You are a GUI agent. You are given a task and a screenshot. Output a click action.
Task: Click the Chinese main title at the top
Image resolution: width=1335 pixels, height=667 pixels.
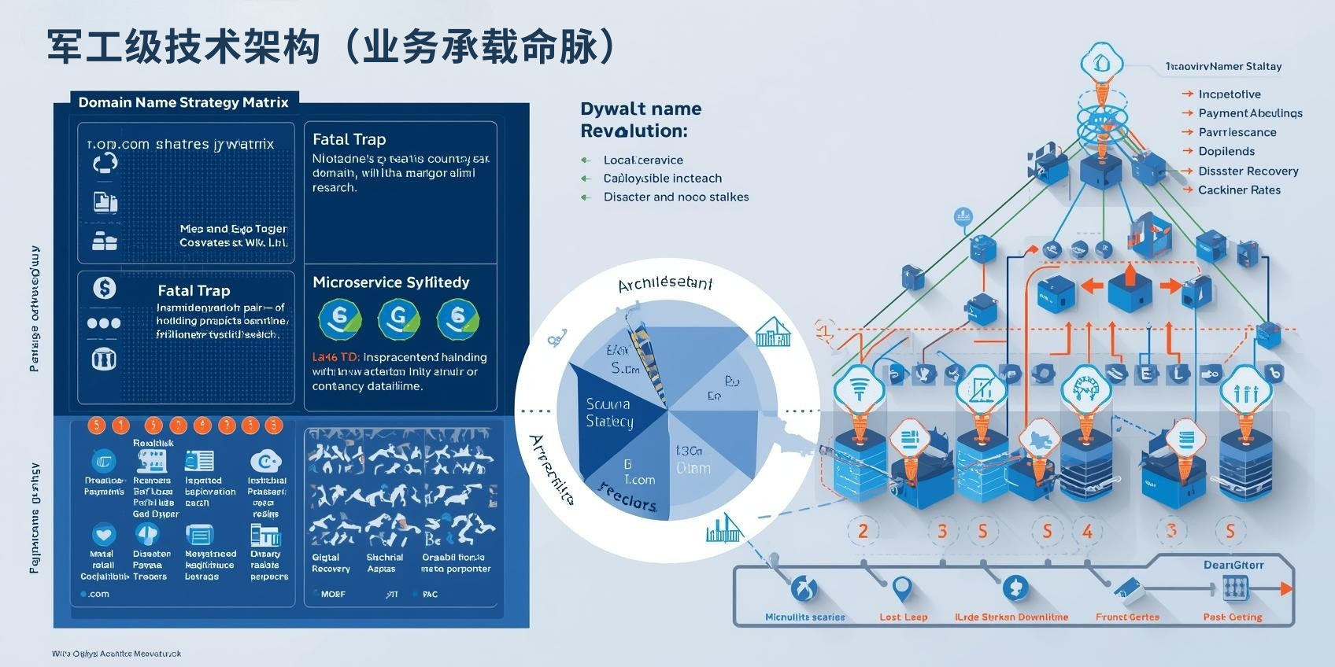(x=331, y=47)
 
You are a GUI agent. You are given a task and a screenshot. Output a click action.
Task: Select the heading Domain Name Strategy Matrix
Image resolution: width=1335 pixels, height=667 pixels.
(x=183, y=102)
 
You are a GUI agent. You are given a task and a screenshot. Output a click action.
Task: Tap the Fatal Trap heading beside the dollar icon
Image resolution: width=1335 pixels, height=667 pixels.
(x=194, y=290)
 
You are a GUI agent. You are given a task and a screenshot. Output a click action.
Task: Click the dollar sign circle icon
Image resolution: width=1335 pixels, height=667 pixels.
(x=104, y=288)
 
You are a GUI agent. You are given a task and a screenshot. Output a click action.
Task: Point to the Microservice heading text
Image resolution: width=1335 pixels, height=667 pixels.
(x=390, y=282)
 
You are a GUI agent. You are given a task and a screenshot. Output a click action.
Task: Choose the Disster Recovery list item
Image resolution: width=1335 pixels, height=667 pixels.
(x=1248, y=171)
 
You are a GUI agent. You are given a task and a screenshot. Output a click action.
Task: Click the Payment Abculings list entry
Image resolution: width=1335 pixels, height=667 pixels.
(x=1250, y=113)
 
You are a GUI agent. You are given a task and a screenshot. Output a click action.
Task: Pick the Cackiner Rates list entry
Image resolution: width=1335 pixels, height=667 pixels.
(x=1239, y=190)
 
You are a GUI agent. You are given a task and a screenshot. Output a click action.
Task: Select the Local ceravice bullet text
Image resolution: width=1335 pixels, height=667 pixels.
(x=643, y=160)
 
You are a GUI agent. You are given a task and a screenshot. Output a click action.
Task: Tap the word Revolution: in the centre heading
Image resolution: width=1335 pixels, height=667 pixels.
(x=634, y=131)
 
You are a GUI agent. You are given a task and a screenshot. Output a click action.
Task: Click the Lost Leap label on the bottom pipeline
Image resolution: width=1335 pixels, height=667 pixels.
(x=903, y=617)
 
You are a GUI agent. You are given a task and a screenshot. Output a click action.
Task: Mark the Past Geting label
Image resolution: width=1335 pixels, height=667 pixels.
(x=1232, y=617)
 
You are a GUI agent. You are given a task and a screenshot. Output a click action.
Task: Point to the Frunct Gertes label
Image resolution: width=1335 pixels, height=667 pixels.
(x=1127, y=617)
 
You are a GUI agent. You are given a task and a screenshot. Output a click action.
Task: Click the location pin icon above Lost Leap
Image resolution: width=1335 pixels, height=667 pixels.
(x=902, y=588)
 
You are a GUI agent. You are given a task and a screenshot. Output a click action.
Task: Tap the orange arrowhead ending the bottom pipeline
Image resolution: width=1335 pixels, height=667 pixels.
(x=1285, y=588)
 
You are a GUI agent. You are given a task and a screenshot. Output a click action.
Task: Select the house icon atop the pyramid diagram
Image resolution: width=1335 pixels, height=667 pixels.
(x=1100, y=61)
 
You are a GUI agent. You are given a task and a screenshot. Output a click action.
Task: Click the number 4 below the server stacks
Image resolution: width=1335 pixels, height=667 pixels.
(x=1087, y=532)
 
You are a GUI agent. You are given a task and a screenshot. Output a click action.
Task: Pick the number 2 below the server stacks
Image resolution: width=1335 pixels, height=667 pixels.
(x=863, y=531)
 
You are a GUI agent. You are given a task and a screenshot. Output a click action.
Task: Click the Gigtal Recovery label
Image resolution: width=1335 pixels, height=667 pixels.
(x=331, y=563)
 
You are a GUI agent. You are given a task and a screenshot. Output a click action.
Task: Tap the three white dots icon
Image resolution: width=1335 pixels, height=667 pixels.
(x=104, y=323)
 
